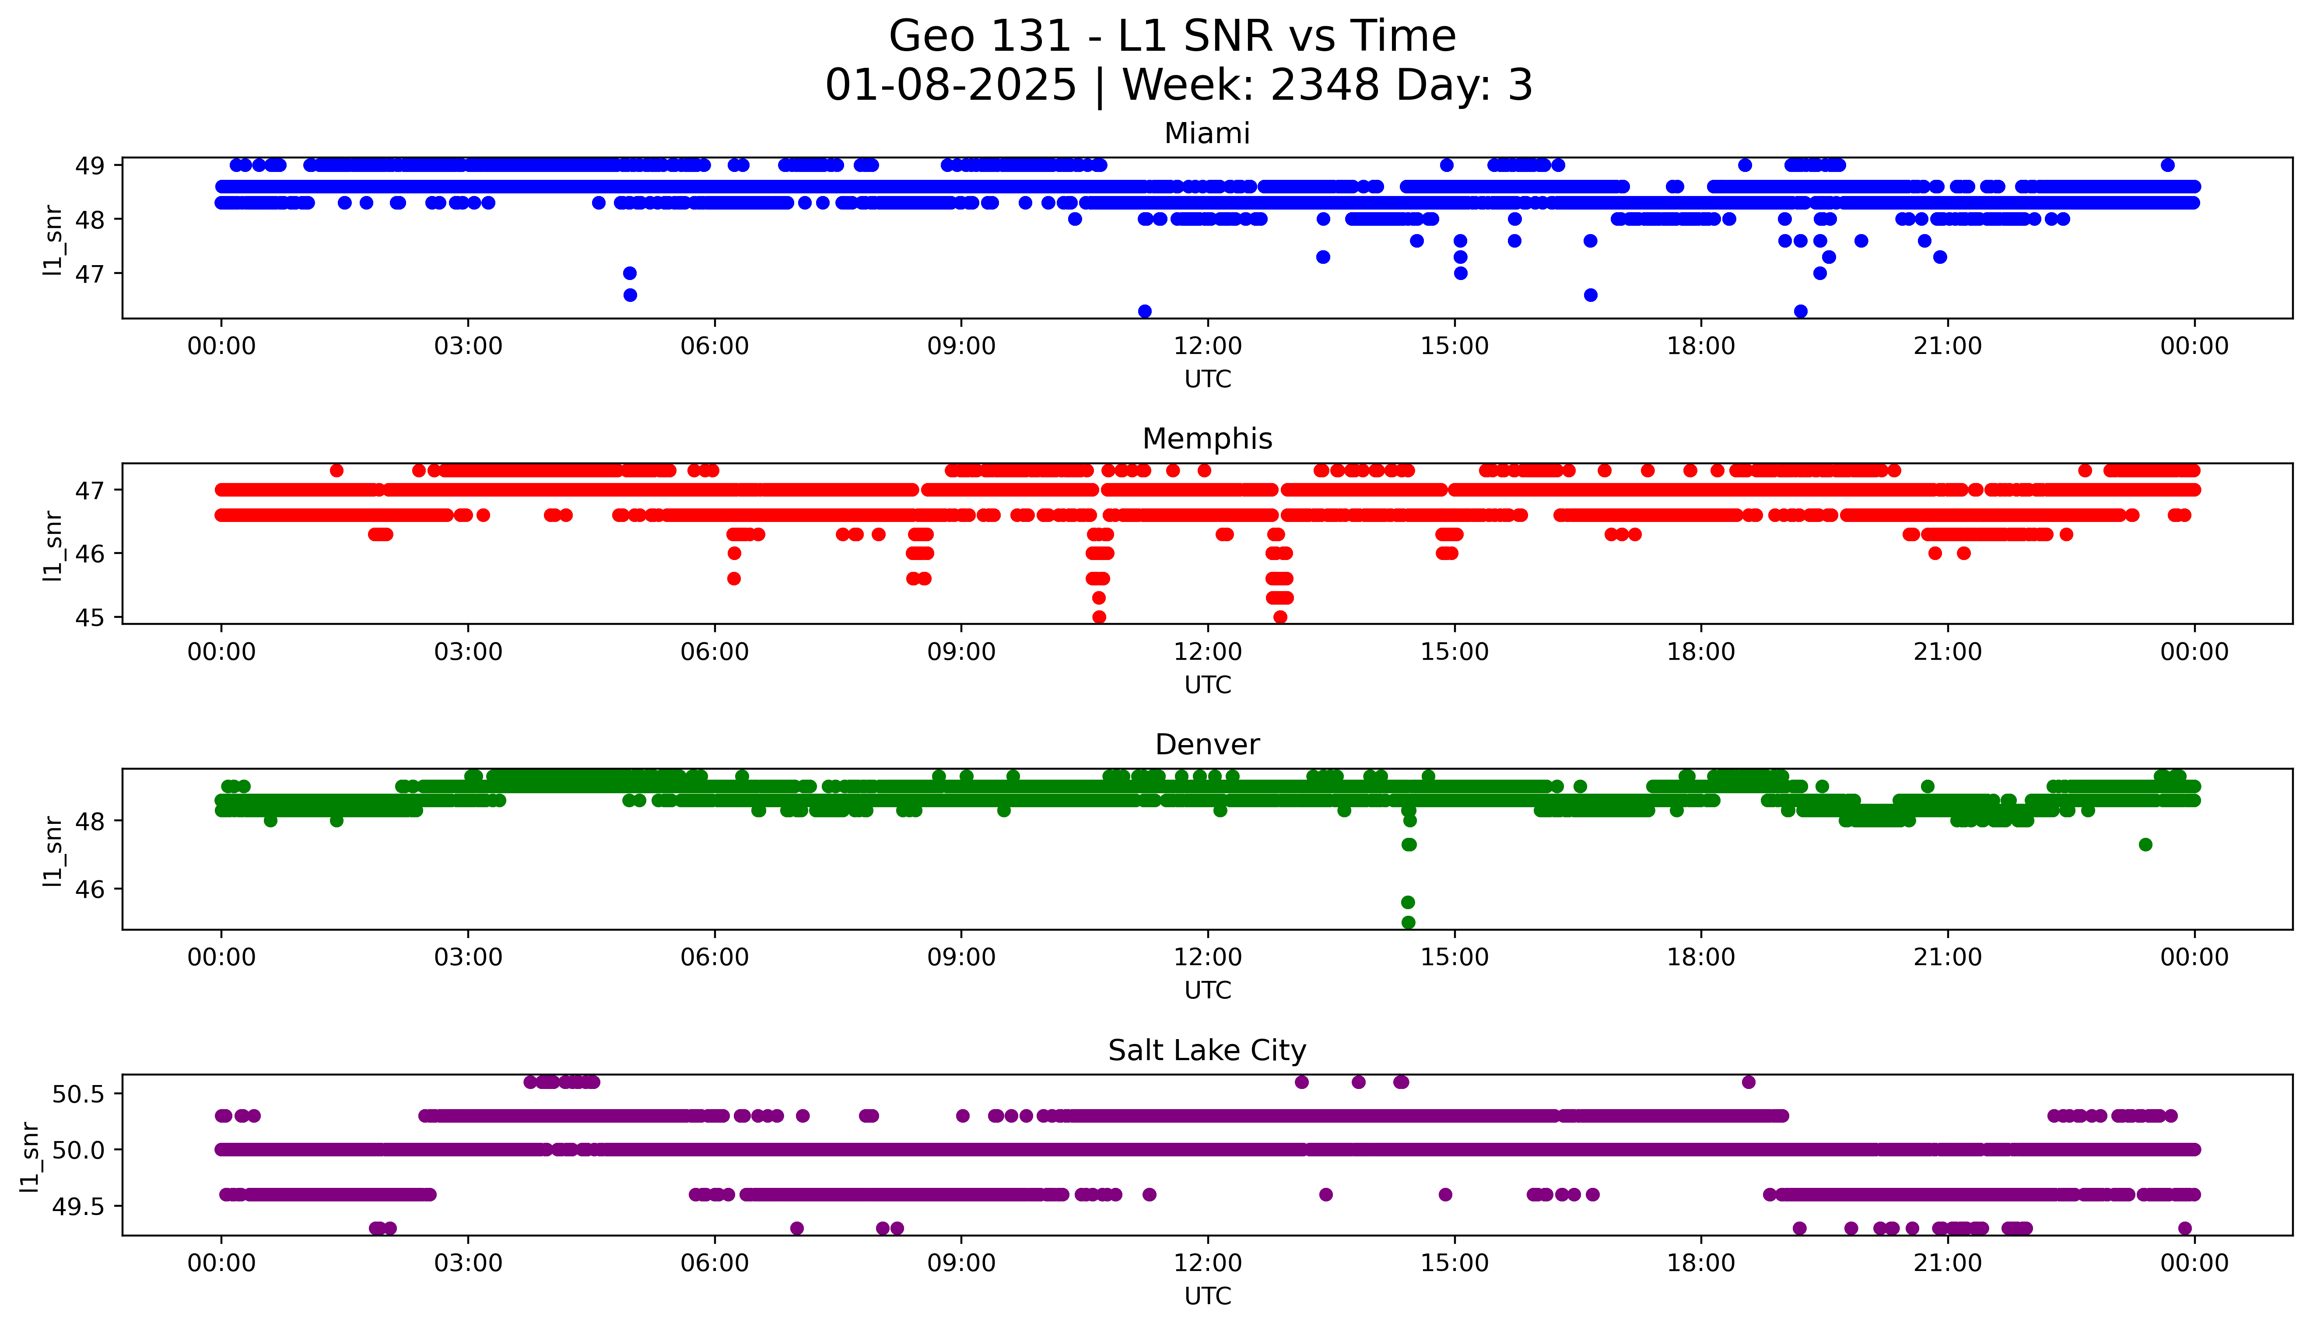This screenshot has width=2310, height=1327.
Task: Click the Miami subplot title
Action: click(1206, 134)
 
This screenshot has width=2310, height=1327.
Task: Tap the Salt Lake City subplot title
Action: click(1206, 1051)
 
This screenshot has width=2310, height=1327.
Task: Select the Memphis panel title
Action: click(1206, 439)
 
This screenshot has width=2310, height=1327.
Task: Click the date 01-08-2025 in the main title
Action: click(950, 86)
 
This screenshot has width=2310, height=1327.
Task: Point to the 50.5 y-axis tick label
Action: click(79, 1094)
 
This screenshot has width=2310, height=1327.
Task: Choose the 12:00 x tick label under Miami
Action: click(1207, 347)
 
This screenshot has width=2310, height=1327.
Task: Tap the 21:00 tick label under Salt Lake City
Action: click(1947, 1263)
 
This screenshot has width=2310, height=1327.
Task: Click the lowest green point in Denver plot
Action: click(1408, 922)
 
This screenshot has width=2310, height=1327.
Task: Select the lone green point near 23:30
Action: click(2145, 845)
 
